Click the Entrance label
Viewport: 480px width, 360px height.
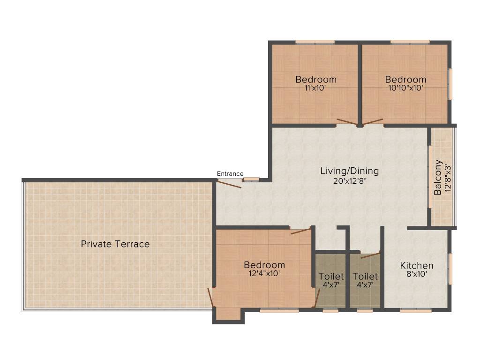point(230,173)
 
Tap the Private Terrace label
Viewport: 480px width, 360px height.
point(115,244)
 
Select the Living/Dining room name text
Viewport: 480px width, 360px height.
point(349,171)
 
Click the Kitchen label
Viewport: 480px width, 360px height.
point(416,266)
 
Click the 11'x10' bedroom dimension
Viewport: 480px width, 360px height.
point(315,87)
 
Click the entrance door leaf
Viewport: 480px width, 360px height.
point(228,184)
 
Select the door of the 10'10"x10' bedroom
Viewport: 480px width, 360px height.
point(373,122)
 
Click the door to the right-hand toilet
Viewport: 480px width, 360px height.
point(371,255)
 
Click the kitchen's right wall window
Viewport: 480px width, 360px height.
point(450,269)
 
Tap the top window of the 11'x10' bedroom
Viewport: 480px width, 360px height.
point(315,42)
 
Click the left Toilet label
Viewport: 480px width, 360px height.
point(331,277)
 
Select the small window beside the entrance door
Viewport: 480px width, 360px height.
point(254,179)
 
